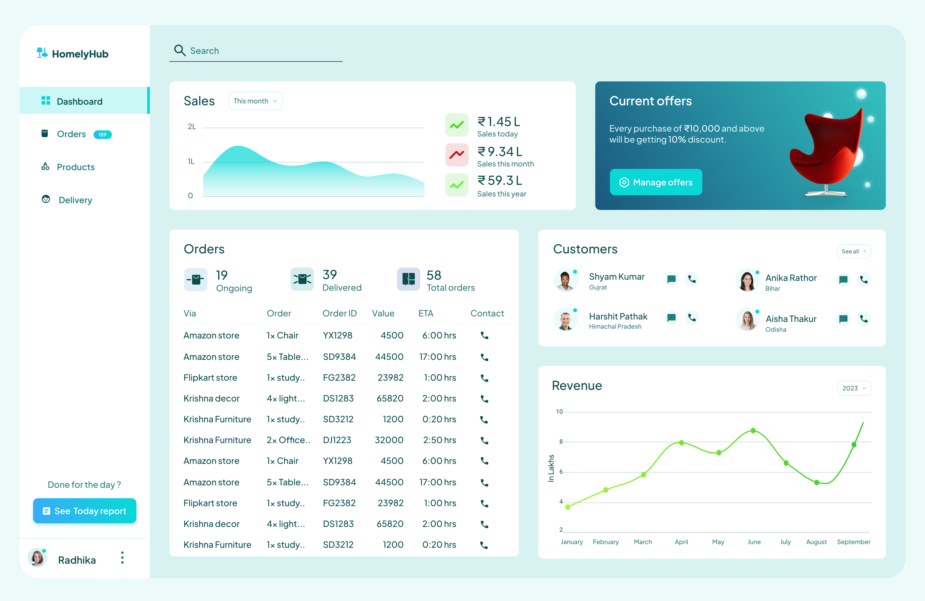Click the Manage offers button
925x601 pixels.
(656, 182)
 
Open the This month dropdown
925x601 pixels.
(255, 101)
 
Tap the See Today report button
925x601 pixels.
(85, 511)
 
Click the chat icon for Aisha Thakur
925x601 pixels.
(843, 319)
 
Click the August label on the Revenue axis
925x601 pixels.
(816, 542)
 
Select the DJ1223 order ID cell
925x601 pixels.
(337, 440)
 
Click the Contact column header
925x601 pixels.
(487, 313)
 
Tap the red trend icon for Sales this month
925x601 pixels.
(457, 155)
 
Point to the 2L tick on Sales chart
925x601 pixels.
(192, 127)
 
